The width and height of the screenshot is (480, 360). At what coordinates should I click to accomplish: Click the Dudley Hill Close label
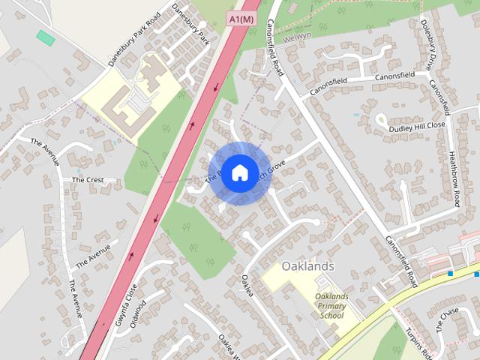416,127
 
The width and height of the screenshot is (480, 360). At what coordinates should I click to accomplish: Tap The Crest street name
87,180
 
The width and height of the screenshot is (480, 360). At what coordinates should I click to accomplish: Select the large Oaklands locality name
307,266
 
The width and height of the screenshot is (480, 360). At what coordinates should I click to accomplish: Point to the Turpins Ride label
418,342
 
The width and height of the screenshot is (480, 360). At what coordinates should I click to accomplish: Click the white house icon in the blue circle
239,172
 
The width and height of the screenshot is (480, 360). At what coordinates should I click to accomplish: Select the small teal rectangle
45,37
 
